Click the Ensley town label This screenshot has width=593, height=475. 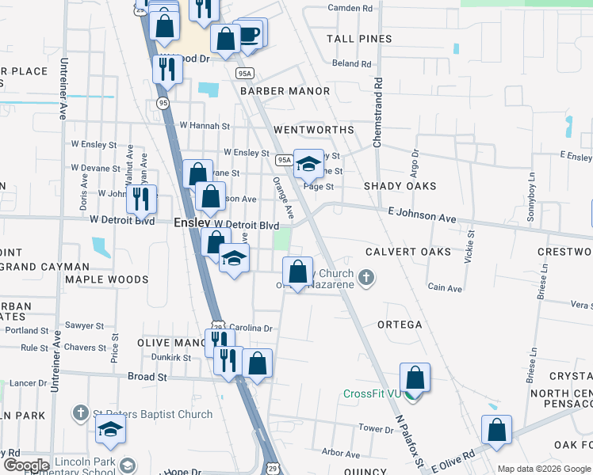(192, 224)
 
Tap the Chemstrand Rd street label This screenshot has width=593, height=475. (378, 110)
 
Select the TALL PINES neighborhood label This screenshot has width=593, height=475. (360, 39)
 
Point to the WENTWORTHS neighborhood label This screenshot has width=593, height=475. (313, 129)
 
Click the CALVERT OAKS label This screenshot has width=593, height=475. (408, 252)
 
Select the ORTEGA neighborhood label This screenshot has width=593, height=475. (399, 325)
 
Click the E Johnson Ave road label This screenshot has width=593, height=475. (422, 218)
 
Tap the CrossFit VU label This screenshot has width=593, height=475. (373, 393)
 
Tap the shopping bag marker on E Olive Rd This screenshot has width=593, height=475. (496, 431)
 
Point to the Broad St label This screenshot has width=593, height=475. (147, 377)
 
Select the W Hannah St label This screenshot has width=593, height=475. (204, 125)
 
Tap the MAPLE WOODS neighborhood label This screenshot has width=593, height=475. (106, 279)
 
